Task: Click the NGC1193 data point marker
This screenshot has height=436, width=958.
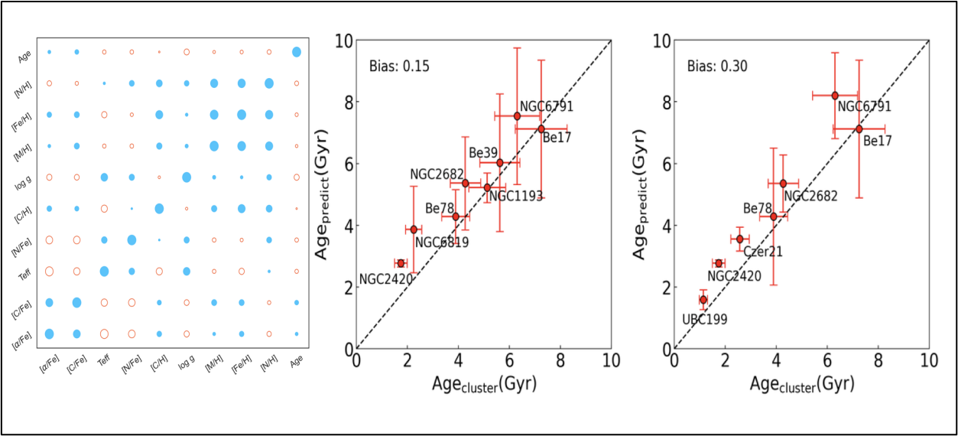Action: (x=487, y=187)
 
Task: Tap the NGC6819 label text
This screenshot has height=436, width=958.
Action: (x=442, y=242)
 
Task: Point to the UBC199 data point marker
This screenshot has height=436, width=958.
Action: (x=703, y=300)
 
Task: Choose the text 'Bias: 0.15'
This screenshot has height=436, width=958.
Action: (x=399, y=67)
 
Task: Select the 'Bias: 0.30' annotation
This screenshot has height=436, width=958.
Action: (x=716, y=67)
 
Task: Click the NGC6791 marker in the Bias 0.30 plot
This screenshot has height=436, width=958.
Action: (x=835, y=96)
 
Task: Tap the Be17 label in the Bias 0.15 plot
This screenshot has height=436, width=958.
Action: (x=557, y=138)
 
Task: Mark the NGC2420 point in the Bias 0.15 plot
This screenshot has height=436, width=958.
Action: (x=401, y=263)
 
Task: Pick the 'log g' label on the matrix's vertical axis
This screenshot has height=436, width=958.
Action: (x=27, y=177)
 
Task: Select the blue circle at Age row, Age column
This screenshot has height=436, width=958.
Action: (x=297, y=52)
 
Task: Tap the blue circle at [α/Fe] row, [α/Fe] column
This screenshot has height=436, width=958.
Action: (x=50, y=334)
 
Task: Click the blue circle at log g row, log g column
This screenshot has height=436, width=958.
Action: (x=187, y=177)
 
